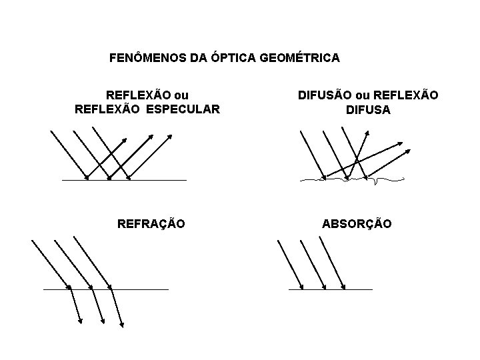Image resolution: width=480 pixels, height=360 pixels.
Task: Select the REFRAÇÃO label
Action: point(151,224)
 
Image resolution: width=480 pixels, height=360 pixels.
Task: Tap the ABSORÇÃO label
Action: point(357,224)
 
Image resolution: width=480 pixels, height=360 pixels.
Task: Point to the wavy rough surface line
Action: point(347,179)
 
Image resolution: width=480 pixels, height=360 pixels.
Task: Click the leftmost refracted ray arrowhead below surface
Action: point(81,322)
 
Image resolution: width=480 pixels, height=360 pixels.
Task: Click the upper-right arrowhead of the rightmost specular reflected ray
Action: point(171,137)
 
